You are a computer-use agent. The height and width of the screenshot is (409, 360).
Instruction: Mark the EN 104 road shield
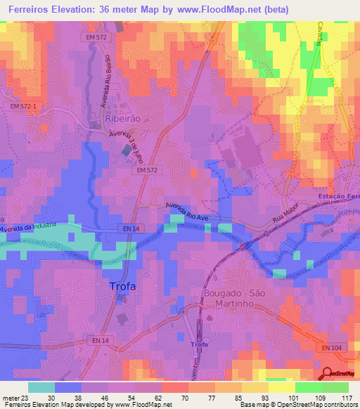[x=335, y=348]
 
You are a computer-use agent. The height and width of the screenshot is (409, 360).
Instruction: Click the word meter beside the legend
[x=10, y=397]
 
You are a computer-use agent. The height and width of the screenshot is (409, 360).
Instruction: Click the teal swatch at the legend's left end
[x=41, y=387]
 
